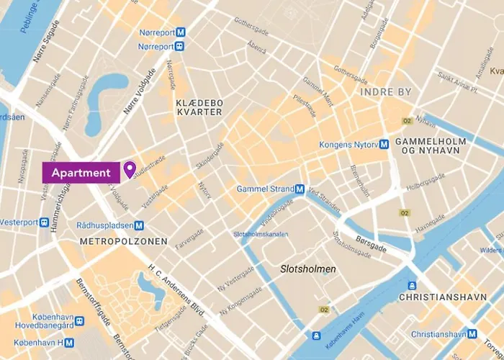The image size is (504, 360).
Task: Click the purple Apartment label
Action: pyautogui.click(x=81, y=173)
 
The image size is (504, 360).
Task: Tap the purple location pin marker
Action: pyautogui.click(x=130, y=169)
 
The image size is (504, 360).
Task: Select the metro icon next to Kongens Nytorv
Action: pyautogui.click(x=384, y=144)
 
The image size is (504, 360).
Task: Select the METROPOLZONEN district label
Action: pyautogui.click(x=124, y=241)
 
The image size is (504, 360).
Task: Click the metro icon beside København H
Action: pyautogui.click(x=70, y=342)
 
